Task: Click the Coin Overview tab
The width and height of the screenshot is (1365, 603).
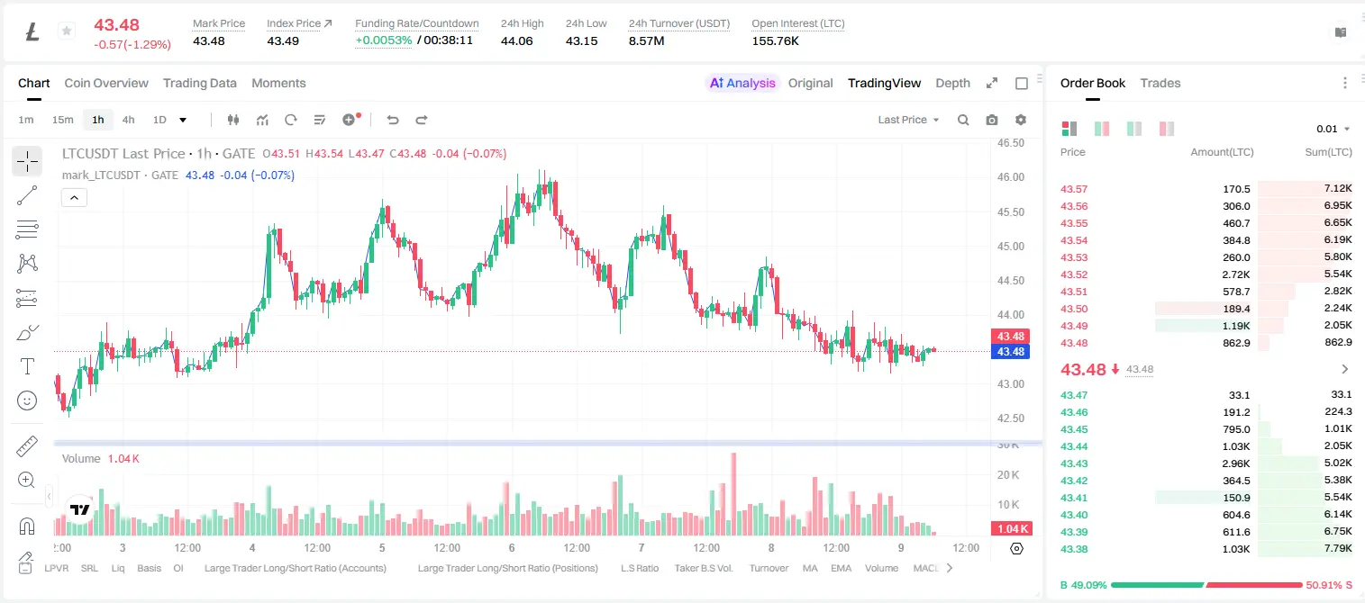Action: point(106,83)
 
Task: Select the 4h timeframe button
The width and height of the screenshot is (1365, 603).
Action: point(128,120)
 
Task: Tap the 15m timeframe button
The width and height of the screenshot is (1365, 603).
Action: point(62,120)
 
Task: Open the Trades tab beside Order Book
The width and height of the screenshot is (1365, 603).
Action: point(1160,83)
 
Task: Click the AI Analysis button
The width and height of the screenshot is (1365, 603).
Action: point(742,83)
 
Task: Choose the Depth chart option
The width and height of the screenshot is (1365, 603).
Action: point(952,83)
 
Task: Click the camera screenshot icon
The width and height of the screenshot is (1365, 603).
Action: point(992,120)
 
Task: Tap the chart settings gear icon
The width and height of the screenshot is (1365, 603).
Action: point(1021,120)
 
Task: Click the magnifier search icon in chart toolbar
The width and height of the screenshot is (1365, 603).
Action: point(963,120)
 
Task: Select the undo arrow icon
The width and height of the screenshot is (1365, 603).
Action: point(393,120)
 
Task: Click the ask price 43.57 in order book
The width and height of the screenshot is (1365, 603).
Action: point(1074,189)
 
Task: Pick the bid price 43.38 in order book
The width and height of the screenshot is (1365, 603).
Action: point(1074,549)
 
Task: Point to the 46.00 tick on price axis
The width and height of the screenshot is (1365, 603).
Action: point(1011,177)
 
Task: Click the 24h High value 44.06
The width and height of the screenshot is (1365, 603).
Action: point(517,40)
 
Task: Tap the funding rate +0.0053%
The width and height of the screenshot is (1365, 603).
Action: point(383,40)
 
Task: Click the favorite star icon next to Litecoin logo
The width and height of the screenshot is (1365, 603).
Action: point(67,31)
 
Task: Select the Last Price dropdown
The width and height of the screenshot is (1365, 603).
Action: point(908,120)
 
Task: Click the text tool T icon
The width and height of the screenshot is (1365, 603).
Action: point(27,366)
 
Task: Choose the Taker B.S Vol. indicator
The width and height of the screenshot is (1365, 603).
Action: point(703,568)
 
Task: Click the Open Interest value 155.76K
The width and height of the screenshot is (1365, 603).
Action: point(775,40)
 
